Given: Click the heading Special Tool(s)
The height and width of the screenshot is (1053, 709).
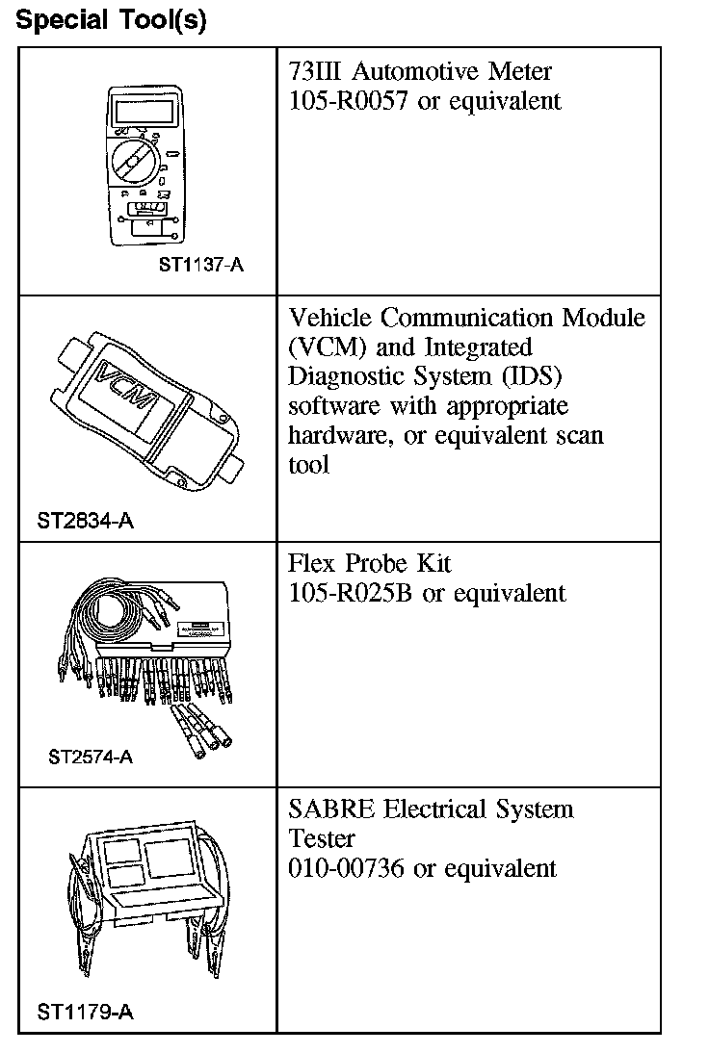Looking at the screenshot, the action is [112, 20].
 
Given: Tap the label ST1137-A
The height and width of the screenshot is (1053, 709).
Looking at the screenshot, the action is [200, 264].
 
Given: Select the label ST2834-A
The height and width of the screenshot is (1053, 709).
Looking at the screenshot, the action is [85, 522].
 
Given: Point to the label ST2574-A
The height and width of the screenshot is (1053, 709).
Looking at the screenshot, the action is [91, 757].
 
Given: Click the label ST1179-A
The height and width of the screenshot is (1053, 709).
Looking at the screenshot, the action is [85, 1012].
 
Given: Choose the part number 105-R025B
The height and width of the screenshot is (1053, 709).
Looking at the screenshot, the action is [352, 593].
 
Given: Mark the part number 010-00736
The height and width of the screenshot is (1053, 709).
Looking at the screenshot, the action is [348, 868].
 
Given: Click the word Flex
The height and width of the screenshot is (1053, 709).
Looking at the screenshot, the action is [311, 563].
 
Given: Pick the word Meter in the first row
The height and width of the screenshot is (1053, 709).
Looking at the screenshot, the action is [518, 71].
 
